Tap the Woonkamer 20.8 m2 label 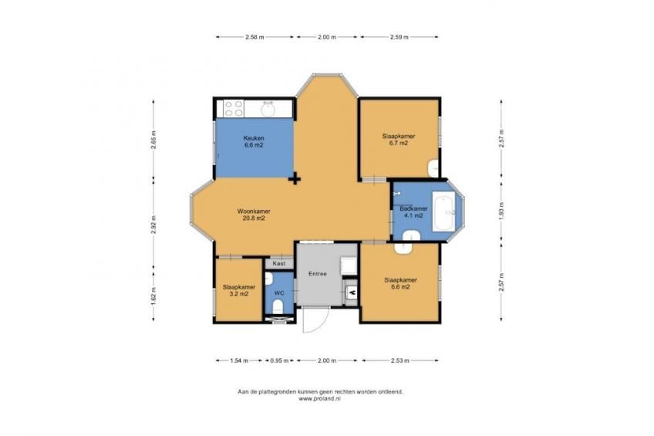tap(254, 215)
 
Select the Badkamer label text tap(413, 208)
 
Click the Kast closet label tap(279, 263)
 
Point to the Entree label tap(318, 274)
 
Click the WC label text tap(279, 292)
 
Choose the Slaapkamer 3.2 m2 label tap(238, 290)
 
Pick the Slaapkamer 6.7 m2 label tap(398, 140)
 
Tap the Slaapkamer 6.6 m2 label tap(400, 284)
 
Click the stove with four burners tap(234, 109)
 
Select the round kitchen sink tap(268, 110)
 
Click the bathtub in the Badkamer tap(443, 211)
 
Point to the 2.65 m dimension tap(153, 137)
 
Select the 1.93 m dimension tap(501, 211)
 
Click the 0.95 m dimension tap(279, 360)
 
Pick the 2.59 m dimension tap(399, 37)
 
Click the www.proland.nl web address tap(320, 398)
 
